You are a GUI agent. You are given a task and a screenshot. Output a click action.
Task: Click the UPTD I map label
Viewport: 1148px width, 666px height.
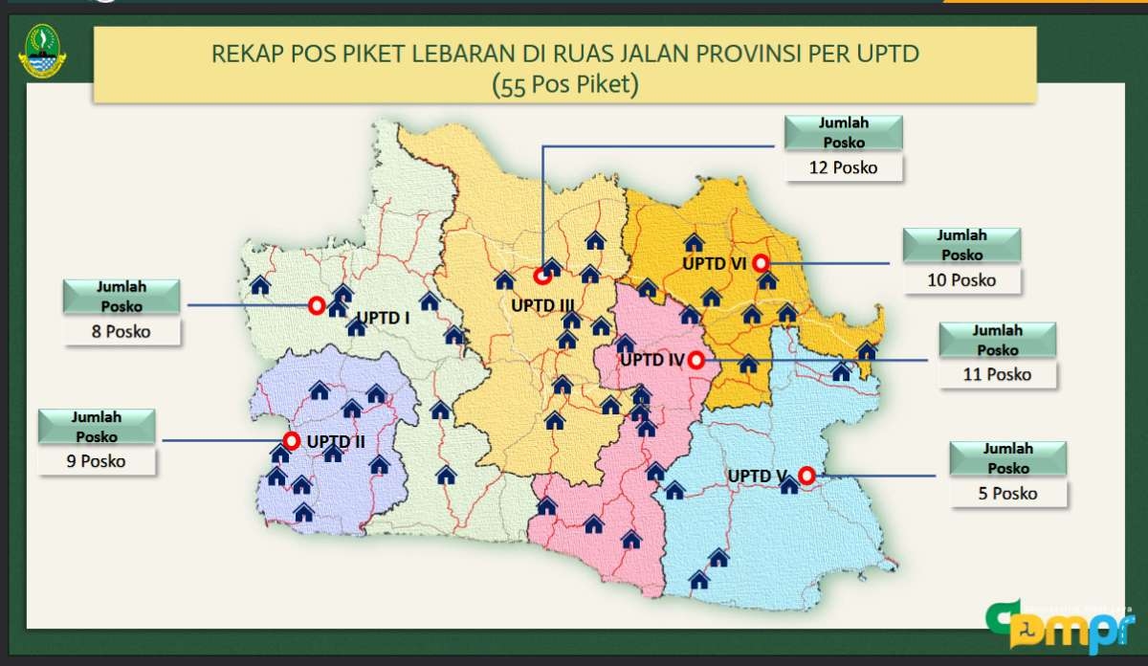coord(383,317)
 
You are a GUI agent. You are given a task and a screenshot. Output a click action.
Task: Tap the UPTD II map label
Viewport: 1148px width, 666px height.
coord(336,442)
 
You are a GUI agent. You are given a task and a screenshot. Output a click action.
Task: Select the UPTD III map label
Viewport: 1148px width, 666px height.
coord(542,305)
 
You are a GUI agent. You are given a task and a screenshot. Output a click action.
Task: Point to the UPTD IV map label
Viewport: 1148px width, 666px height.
coord(651,361)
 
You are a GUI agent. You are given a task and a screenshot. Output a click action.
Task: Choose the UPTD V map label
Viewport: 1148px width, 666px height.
coord(757,476)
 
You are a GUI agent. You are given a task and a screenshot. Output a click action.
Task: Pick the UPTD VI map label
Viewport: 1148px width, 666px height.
coord(716,263)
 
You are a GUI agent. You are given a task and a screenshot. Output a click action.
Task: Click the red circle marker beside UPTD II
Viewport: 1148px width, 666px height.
coord(291,441)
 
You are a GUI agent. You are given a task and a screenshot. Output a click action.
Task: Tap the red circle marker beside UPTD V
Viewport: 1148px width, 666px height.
coord(806,474)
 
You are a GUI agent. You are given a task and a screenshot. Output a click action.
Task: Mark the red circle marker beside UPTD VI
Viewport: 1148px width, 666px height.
coord(761,262)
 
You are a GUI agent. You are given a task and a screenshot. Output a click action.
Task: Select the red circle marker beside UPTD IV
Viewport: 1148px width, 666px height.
coord(695,360)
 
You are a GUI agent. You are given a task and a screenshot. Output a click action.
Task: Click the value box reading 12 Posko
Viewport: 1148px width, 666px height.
coord(842,166)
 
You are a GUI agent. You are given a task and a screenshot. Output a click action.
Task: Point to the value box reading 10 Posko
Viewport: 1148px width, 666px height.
coord(961,279)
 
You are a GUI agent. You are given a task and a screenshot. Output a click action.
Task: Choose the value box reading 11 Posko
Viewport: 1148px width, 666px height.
coord(998,374)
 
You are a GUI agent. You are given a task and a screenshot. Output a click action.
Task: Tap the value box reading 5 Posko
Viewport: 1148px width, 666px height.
coord(1008,494)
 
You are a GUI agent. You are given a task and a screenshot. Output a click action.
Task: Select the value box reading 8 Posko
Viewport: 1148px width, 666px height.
coord(121,331)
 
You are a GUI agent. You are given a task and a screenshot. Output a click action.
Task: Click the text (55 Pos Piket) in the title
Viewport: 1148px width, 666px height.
coord(564,84)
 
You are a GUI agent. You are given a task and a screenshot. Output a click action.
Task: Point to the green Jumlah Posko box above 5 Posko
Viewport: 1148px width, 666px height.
coord(1008,458)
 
